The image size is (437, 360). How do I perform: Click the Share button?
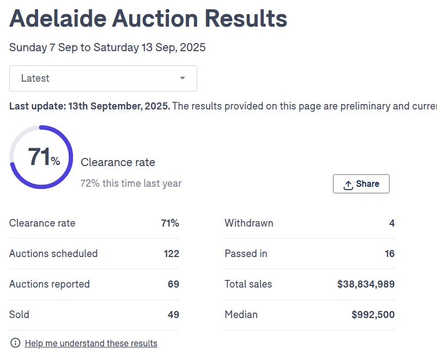[x=361, y=184]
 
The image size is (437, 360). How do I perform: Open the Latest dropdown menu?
[x=103, y=78]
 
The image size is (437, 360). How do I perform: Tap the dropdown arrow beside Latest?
[x=183, y=78]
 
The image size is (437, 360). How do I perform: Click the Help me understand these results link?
[x=91, y=343]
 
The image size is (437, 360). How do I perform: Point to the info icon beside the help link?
[x=15, y=343]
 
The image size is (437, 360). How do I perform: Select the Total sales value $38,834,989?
[x=366, y=284]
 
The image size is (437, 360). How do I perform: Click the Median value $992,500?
[x=373, y=315]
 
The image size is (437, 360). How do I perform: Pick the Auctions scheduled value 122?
[x=171, y=254]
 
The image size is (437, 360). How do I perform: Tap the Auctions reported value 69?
[x=173, y=284]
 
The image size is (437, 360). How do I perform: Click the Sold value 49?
[x=173, y=315]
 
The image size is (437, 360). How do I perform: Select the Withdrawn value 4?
[x=392, y=223]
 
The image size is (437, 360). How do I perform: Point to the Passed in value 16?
[x=389, y=254]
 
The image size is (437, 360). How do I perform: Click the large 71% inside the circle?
[x=43, y=158]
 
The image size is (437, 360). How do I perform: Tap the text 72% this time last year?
[x=131, y=184]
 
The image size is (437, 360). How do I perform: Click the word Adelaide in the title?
[x=57, y=20]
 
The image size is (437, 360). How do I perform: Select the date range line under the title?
[x=107, y=47]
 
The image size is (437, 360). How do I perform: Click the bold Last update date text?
[x=89, y=106]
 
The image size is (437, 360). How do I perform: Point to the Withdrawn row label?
[x=249, y=223]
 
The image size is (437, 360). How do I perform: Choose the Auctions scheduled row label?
[x=53, y=254]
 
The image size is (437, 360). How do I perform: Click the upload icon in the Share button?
[x=348, y=185]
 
